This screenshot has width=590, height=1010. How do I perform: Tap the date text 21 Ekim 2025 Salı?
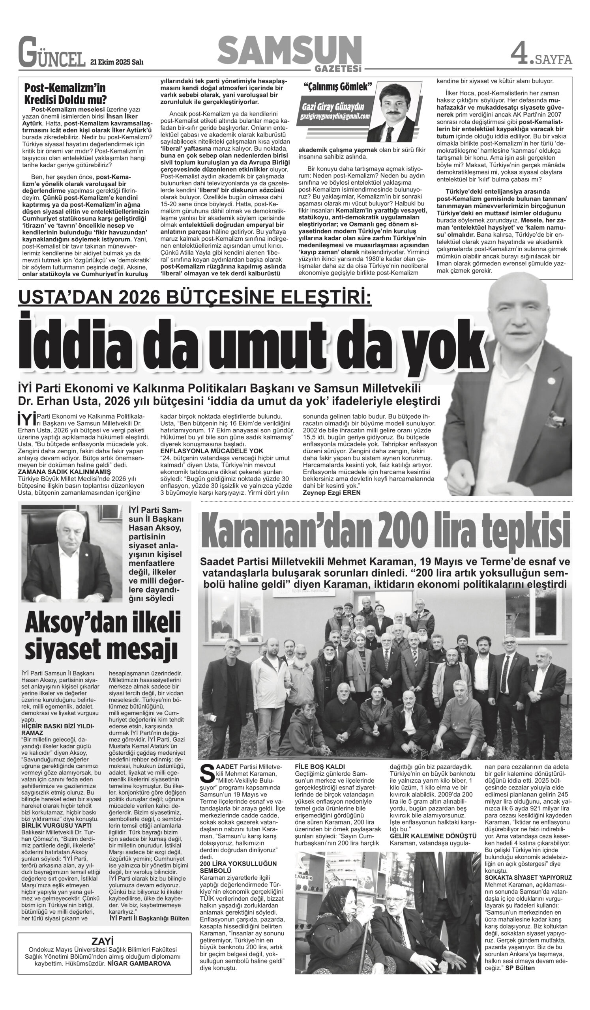click(117, 62)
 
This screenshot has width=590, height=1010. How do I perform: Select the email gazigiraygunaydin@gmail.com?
click(334, 116)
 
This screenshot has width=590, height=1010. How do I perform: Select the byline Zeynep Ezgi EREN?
click(332, 493)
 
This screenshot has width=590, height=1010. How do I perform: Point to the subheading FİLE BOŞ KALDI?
click(319, 766)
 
